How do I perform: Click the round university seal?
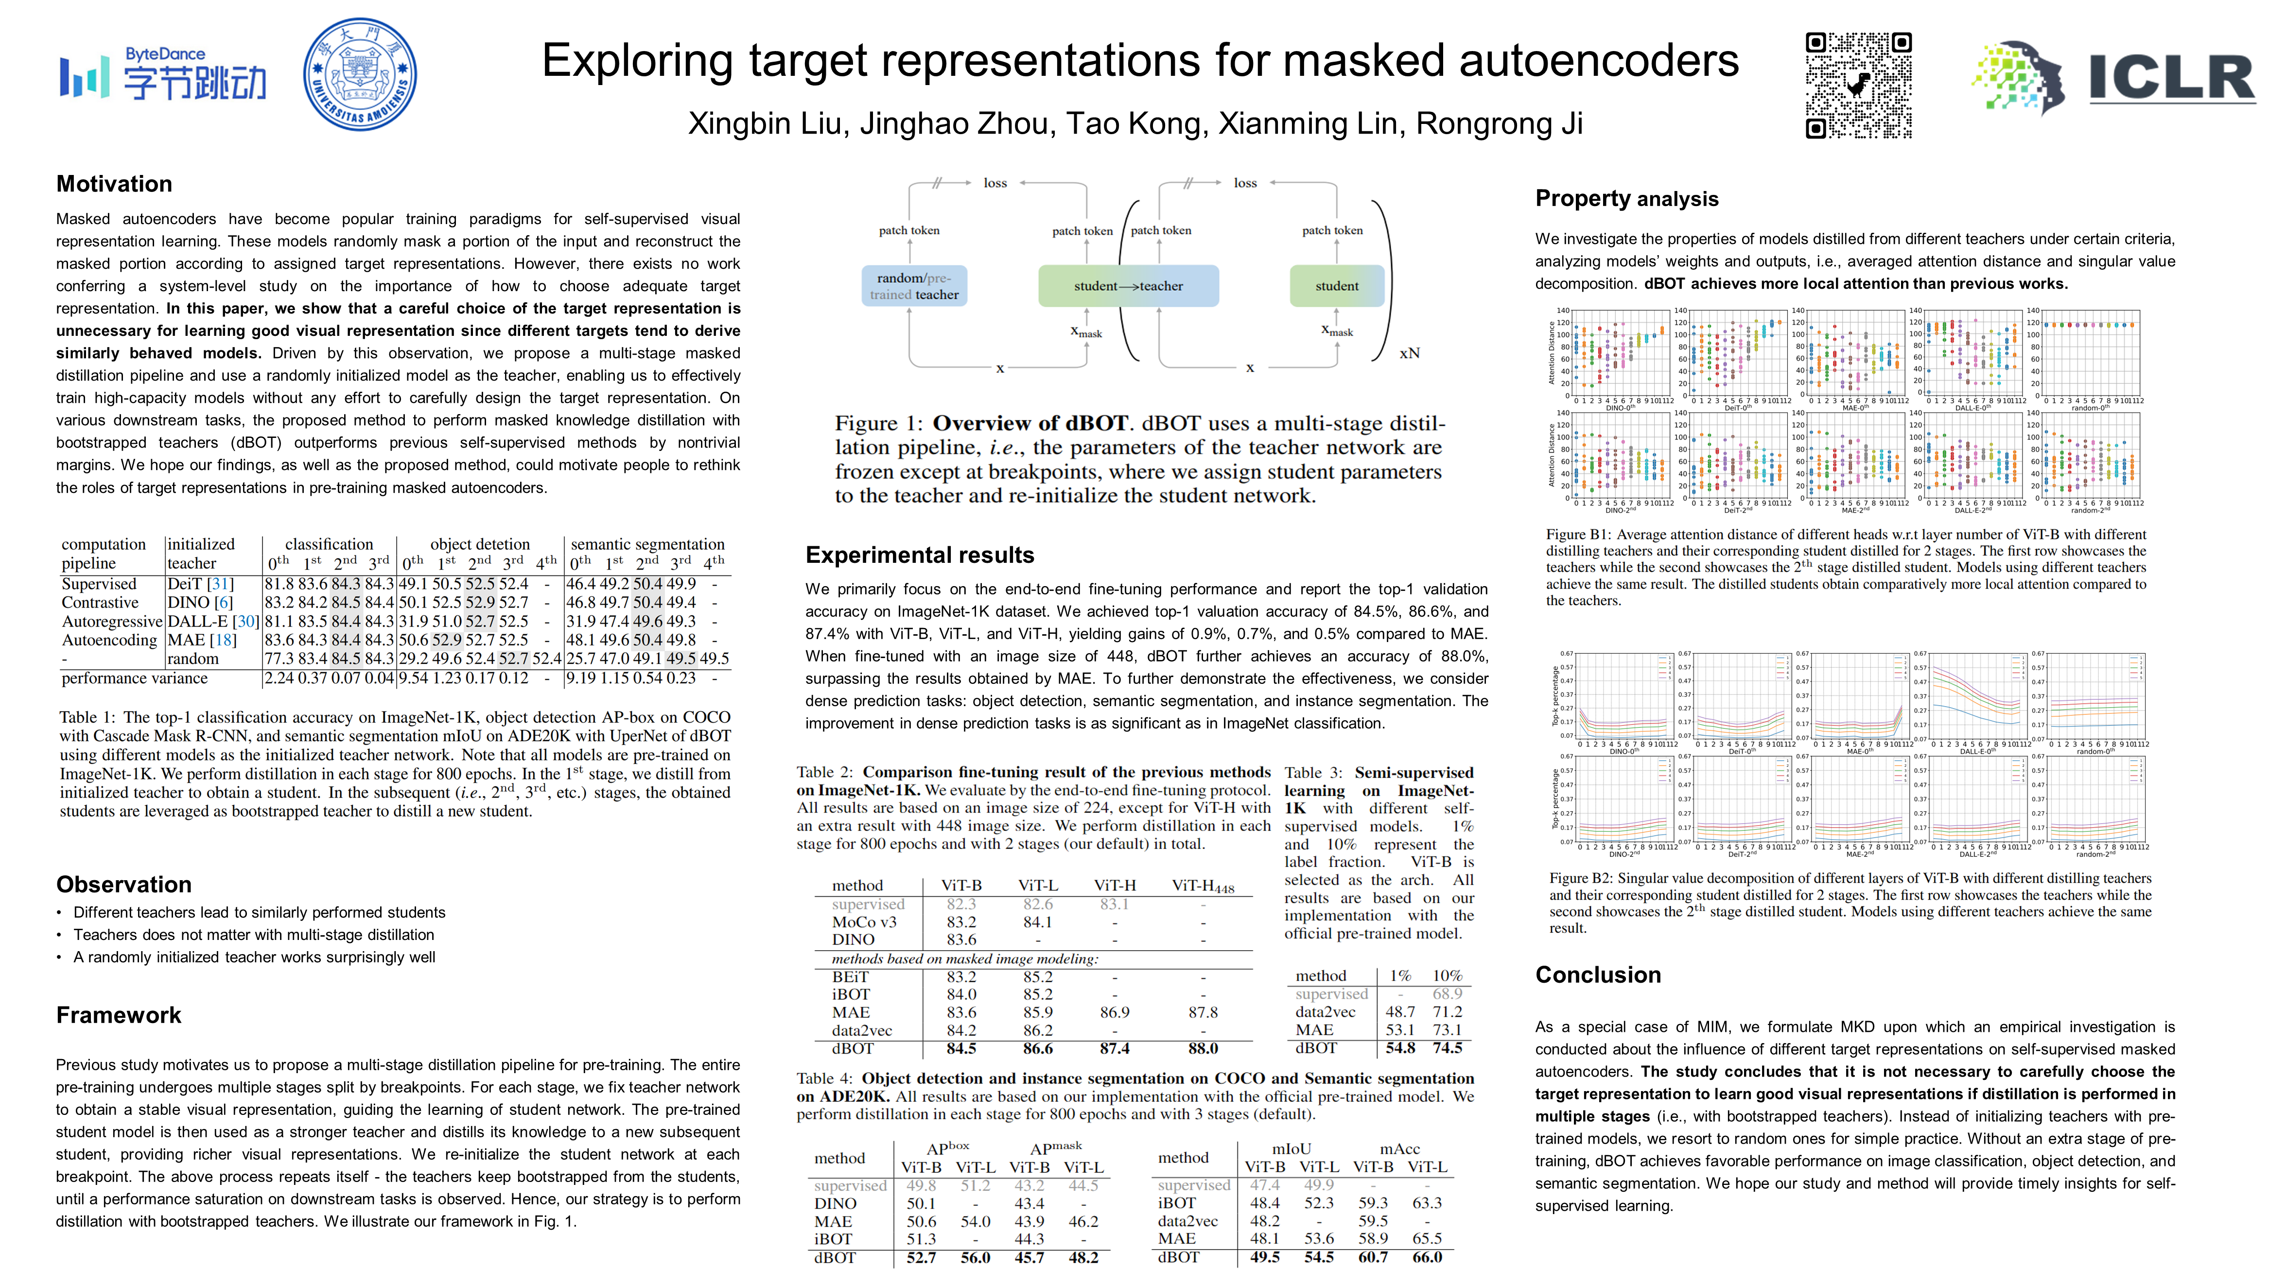click(x=359, y=74)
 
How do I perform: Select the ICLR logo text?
click(x=2171, y=78)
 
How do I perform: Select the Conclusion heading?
click(x=1597, y=974)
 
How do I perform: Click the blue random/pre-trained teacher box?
click(x=914, y=286)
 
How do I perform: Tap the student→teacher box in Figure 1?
click(x=1128, y=286)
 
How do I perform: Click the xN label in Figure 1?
click(x=1409, y=353)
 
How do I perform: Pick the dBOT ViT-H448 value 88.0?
click(x=1203, y=1048)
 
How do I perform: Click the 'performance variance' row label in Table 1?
click(x=134, y=678)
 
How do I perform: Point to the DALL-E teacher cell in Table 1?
click(x=212, y=621)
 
